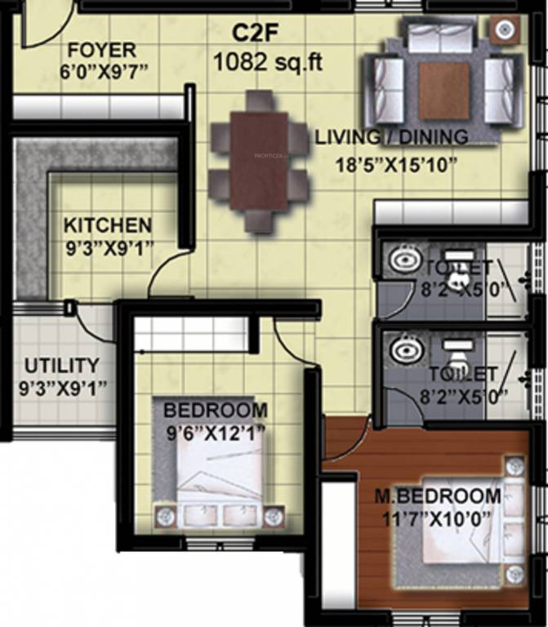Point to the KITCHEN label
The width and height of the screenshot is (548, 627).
click(108, 225)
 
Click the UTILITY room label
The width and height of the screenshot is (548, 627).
click(61, 366)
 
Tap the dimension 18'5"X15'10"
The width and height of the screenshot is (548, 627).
click(395, 162)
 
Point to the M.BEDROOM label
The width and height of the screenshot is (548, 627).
click(438, 496)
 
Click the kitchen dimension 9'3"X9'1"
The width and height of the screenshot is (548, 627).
click(109, 246)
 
